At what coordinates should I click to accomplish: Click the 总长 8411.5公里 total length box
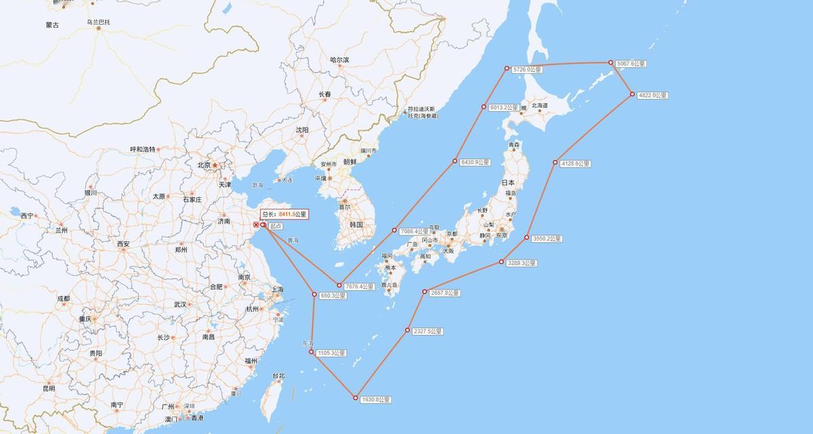click(284, 214)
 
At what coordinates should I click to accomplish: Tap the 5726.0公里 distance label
click(528, 70)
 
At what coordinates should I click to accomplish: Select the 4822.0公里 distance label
click(653, 96)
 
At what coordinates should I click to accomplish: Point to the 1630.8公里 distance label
click(375, 399)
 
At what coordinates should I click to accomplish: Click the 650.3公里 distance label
click(333, 296)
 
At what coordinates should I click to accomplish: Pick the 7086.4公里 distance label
click(415, 232)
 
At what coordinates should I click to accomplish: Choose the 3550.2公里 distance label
click(547, 239)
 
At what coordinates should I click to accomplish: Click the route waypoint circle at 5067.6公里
click(610, 62)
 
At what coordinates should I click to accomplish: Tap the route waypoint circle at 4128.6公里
click(555, 163)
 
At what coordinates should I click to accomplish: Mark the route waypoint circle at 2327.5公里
click(408, 330)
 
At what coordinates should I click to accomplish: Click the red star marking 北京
click(215, 165)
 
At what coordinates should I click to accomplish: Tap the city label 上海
click(277, 290)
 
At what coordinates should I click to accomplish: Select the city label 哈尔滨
click(339, 60)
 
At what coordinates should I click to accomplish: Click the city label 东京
click(501, 236)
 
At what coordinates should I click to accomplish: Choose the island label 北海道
click(539, 106)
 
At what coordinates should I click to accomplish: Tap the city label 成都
click(63, 298)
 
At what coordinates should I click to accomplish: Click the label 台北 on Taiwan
click(278, 376)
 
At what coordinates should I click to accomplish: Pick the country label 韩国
click(357, 224)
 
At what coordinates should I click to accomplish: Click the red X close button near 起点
click(255, 224)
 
